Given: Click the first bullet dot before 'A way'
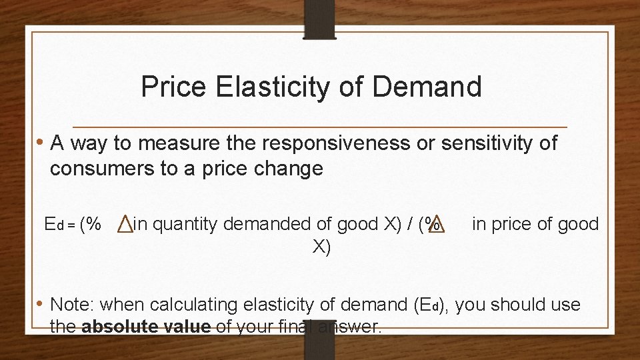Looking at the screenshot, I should coord(41,143).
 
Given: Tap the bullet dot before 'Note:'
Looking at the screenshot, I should coord(41,305).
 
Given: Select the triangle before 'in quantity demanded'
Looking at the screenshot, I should coord(125,225).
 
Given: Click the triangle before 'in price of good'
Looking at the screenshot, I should coord(437,225).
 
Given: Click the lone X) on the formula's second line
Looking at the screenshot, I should coord(321,247).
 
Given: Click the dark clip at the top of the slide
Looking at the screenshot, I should coord(319,19).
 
